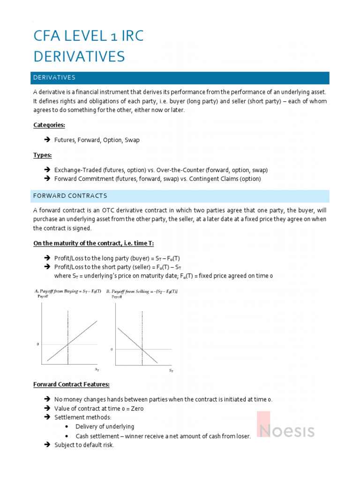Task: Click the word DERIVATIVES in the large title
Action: (79, 56)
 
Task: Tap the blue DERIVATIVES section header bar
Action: (180, 78)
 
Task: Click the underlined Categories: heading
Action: (49, 125)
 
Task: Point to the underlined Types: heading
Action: (42, 155)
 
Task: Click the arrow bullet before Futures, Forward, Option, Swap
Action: (47, 140)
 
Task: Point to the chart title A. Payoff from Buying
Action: (67, 291)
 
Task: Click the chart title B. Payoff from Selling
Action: (142, 291)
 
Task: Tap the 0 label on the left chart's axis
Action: (37, 345)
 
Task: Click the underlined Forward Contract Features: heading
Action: (71, 384)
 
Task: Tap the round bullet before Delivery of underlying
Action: (68, 427)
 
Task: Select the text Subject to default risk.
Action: (84, 445)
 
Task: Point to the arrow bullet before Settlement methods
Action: (47, 417)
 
